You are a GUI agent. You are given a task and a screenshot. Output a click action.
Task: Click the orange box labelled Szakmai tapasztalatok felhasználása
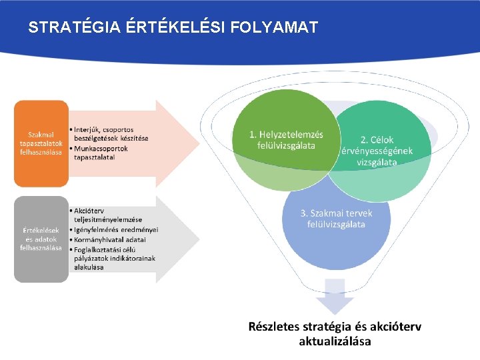coord(41,143)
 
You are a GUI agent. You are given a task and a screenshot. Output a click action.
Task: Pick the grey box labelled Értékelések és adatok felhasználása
coord(41,239)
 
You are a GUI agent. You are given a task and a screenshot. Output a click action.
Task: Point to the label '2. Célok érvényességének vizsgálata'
coord(377,151)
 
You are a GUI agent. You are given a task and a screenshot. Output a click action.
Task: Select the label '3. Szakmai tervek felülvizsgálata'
coord(336,219)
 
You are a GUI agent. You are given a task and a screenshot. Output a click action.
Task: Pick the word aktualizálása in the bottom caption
coord(335,342)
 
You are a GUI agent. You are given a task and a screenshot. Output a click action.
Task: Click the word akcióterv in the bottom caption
coord(389,327)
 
